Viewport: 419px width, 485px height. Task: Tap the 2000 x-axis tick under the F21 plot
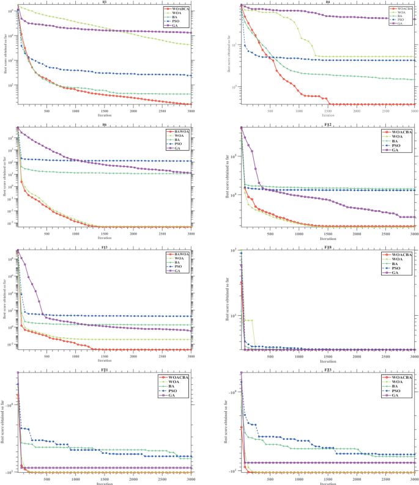pos(133,479)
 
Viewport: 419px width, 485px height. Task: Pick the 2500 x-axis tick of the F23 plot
pos(385,479)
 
